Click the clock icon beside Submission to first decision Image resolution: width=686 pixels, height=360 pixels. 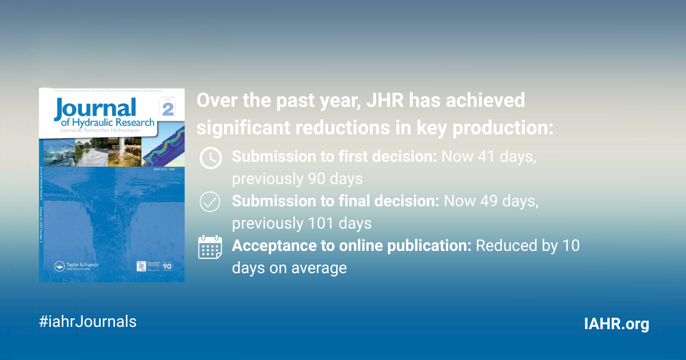click(210, 158)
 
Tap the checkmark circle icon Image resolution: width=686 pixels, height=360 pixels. click(210, 202)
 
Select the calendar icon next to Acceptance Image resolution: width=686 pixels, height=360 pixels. click(210, 247)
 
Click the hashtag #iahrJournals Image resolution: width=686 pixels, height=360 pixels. click(87, 321)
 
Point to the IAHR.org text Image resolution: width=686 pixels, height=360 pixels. click(616, 324)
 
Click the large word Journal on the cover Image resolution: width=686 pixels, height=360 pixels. click(95, 109)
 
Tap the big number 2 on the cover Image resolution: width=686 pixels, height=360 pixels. click(167, 109)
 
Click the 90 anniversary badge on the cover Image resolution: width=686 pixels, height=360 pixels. click(167, 266)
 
